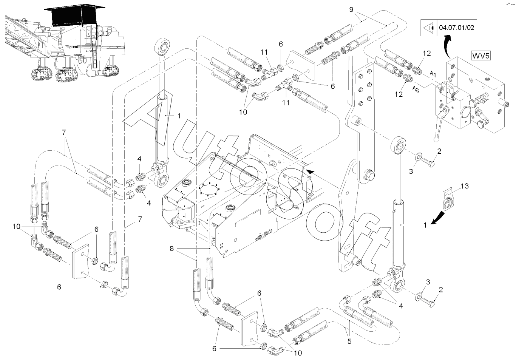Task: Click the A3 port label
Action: [x=416, y=89]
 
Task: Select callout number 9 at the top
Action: [x=351, y=9]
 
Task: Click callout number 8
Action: [x=172, y=249]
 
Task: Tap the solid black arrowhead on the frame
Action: [x=310, y=172]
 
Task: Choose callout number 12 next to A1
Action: [x=427, y=54]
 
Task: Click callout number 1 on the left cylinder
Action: [x=179, y=115]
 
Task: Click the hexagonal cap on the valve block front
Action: [x=464, y=114]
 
